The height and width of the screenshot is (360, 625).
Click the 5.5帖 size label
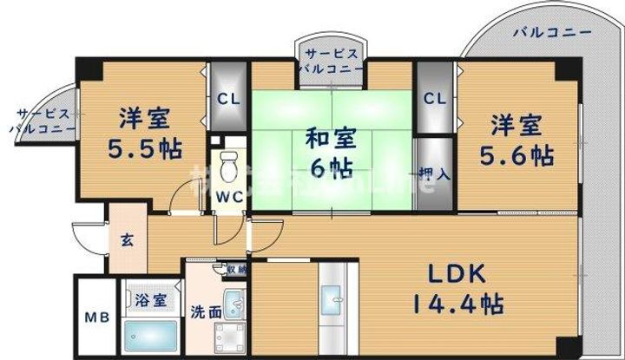pyautogui.click(x=145, y=148)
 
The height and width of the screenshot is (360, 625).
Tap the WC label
pyautogui.click(x=230, y=197)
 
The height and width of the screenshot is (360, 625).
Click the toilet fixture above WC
pyautogui.click(x=230, y=165)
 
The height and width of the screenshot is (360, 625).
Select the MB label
pyautogui.click(x=95, y=317)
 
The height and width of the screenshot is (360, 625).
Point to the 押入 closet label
pyautogui.click(x=435, y=174)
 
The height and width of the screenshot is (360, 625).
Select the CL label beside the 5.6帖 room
pyautogui.click(x=435, y=98)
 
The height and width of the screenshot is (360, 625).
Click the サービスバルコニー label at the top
pyautogui.click(x=332, y=60)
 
